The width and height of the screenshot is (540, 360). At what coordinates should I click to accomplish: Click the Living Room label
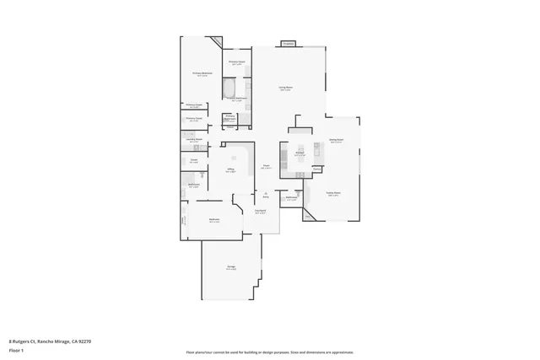286,88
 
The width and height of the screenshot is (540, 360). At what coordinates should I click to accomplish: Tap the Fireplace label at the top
289,42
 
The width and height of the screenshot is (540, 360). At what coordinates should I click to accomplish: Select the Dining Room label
336,142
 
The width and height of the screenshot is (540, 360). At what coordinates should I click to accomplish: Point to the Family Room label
333,194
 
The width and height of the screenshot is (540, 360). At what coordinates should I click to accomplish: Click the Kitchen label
300,153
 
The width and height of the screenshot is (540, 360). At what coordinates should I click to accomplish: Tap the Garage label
230,267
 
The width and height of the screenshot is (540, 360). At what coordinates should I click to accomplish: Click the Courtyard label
261,211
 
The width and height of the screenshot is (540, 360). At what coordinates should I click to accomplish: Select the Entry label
266,195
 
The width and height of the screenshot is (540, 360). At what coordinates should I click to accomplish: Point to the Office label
230,170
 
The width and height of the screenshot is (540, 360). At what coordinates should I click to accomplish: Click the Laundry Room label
195,140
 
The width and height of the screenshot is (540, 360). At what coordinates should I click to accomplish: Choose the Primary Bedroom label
200,74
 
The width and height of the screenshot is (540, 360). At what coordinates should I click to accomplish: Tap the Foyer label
266,166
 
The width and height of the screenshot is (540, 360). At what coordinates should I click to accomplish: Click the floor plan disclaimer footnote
269,352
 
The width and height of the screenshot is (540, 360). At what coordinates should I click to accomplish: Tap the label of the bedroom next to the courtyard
214,221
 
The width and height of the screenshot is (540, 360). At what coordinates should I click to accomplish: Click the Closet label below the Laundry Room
193,160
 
